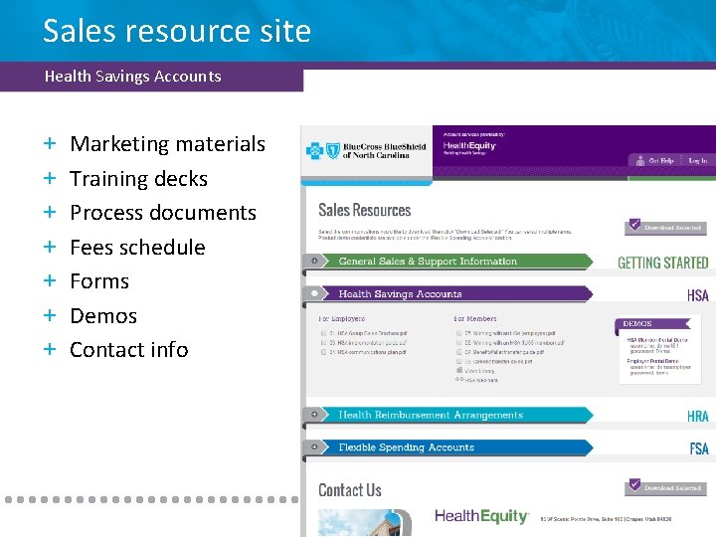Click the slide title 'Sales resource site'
177,32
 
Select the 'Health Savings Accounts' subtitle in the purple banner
132,76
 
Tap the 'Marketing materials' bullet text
167,144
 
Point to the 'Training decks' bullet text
138,179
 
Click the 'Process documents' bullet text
163,213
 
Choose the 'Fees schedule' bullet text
137,248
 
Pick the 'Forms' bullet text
99,281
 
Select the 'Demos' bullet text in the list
103,316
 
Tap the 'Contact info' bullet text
129,350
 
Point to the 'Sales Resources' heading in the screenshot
364,210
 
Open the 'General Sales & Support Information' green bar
428,262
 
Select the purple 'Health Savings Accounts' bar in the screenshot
400,294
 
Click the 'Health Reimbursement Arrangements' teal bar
430,415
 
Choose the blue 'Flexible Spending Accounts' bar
406,447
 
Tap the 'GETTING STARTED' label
662,263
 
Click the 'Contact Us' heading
349,489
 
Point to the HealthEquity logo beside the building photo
481,516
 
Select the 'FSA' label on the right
699,448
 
